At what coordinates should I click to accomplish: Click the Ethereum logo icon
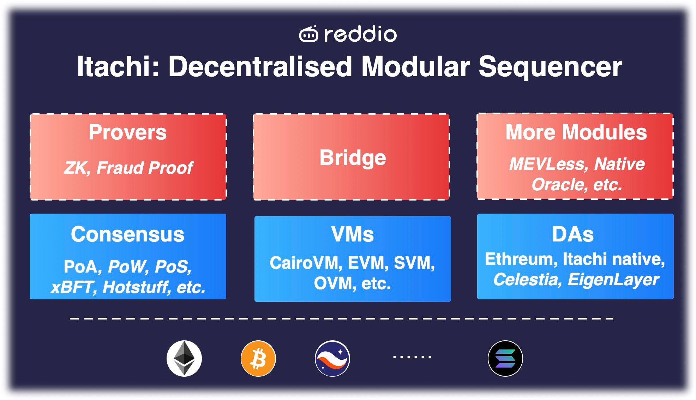click(184, 358)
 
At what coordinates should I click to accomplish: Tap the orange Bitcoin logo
click(258, 358)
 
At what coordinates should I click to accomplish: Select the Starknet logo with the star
click(332, 358)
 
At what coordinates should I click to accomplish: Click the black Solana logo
click(505, 358)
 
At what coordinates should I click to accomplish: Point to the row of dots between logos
click(412, 357)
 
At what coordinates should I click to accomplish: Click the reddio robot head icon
click(308, 34)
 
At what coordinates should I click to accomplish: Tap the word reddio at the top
click(360, 34)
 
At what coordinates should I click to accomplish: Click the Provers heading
click(127, 132)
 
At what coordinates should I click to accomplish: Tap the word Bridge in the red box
click(352, 157)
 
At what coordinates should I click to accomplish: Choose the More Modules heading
click(576, 132)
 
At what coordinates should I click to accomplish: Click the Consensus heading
click(127, 234)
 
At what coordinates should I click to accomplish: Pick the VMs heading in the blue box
click(352, 234)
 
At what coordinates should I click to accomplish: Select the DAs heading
click(573, 234)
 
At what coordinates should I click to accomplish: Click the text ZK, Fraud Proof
click(128, 168)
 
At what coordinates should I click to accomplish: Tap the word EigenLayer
click(613, 280)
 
